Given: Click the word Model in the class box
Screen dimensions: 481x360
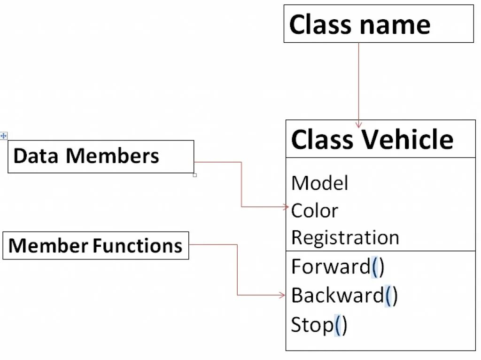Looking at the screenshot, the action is point(319,183).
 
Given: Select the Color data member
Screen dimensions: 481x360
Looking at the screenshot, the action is point(314,211).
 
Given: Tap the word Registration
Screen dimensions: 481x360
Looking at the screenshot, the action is point(345,238).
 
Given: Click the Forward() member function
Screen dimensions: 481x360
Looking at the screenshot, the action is point(337,266).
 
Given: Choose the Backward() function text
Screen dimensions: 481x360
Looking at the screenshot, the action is point(344,296).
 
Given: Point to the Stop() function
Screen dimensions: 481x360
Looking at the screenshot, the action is point(319,325).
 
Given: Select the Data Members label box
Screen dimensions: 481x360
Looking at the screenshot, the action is point(101,157).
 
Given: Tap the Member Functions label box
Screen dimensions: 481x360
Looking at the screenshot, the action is point(96,245).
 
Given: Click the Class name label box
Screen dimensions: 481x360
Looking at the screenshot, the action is point(379,23).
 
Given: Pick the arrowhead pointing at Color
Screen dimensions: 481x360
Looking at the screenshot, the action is point(286,207).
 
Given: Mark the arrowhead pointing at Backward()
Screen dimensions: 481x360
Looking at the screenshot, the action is point(282,295).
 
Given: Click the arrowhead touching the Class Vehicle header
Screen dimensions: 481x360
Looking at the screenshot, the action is point(358,125).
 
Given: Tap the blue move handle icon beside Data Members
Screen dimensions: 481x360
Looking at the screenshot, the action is point(3,136).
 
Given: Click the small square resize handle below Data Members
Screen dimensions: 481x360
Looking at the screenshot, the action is point(195,175).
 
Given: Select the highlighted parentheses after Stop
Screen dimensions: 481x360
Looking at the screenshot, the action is point(341,326).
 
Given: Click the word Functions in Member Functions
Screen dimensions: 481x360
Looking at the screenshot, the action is point(138,245).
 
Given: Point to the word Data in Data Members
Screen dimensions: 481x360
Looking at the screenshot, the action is point(36,156).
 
